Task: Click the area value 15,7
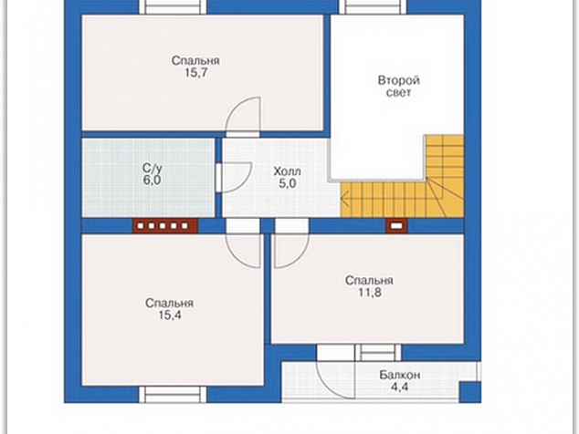click(196, 73)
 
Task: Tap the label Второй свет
click(399, 87)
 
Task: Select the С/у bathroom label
click(153, 169)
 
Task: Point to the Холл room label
click(288, 171)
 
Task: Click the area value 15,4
click(170, 315)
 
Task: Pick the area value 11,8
click(370, 293)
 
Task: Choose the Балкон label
click(399, 375)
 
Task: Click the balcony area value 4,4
click(400, 387)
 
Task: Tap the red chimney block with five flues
click(165, 226)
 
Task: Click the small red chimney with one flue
click(396, 226)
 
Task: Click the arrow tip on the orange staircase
click(342, 201)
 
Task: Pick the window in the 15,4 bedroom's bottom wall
click(173, 395)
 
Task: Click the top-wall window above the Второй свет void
click(373, 6)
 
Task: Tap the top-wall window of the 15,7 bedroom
click(173, 6)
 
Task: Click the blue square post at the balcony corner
click(470, 392)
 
